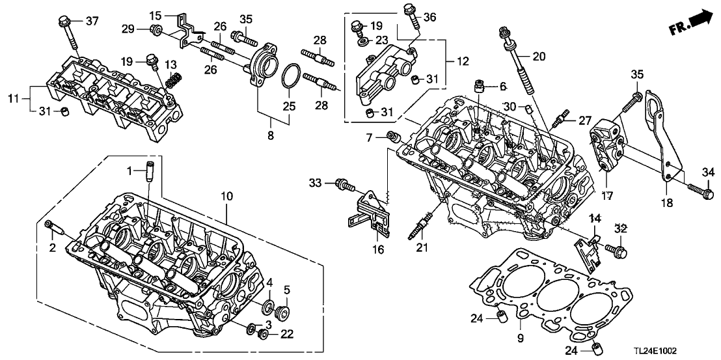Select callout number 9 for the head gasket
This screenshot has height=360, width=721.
pyautogui.click(x=521, y=338)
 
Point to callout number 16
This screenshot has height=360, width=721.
pyautogui.click(x=379, y=249)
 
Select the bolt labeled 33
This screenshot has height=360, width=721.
pyautogui.click(x=344, y=186)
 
